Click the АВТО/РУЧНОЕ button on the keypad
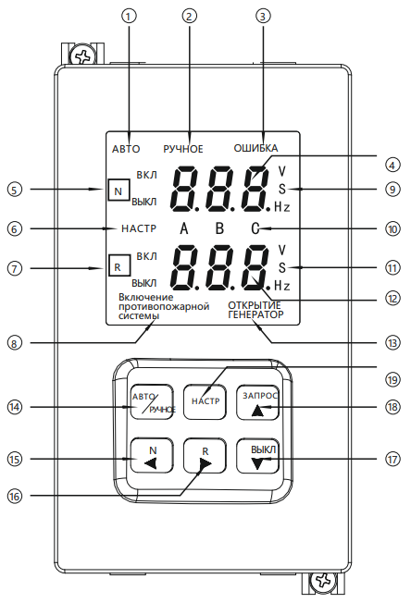tap(152, 402)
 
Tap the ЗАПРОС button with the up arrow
tap(258, 402)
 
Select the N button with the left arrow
tap(152, 456)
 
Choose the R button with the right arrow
tap(205, 456)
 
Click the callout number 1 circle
tap(129, 16)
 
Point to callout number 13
tap(392, 342)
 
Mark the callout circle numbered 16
tap(15, 496)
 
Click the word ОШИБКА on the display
tap(255, 148)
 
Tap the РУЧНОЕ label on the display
tap(183, 149)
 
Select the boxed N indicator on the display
tap(118, 190)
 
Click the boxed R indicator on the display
tap(118, 266)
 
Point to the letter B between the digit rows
tap(219, 228)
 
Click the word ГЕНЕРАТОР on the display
tap(255, 314)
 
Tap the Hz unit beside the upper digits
tap(282, 207)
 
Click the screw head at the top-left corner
tap(82, 56)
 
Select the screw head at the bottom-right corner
tap(323, 581)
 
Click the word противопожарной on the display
tap(164, 307)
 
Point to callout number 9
tap(392, 190)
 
